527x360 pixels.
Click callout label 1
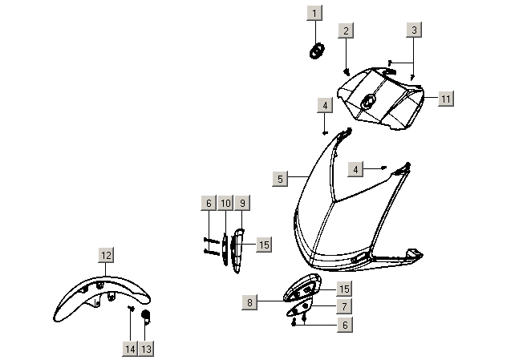[x=314, y=13]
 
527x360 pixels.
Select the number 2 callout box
[x=347, y=30]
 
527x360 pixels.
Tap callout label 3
[x=414, y=30]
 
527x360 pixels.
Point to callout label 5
[x=280, y=179]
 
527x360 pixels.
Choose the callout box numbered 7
[x=344, y=306]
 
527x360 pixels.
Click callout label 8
[x=249, y=302]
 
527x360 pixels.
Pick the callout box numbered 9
[x=242, y=203]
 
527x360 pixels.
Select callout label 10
[x=225, y=203]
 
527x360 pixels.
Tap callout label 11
[x=446, y=99]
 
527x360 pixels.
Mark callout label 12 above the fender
[x=106, y=255]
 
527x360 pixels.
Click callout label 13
[x=146, y=349]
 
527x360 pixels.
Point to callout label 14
[x=130, y=349]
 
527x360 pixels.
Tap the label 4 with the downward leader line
[x=325, y=106]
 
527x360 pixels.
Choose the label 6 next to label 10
[x=209, y=203]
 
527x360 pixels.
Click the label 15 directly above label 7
[x=344, y=289]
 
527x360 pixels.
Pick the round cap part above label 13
[x=146, y=316]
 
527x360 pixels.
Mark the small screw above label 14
[x=131, y=308]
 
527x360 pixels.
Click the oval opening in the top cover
[x=368, y=100]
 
